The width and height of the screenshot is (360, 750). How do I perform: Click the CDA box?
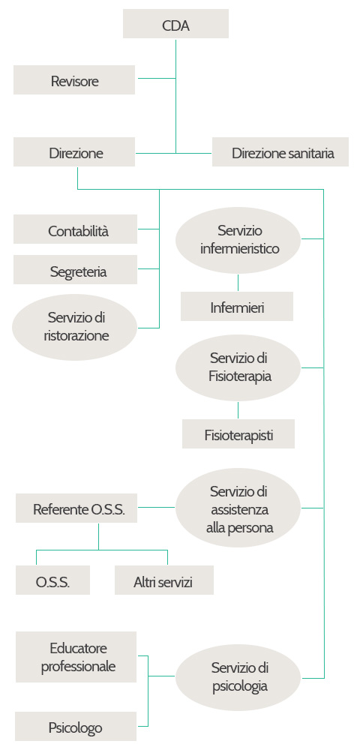click(175, 24)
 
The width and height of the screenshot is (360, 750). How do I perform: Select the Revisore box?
click(74, 80)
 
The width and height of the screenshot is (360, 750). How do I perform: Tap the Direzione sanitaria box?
click(280, 152)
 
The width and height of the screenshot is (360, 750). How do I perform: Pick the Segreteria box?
click(76, 270)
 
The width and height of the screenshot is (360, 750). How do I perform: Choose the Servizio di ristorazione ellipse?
click(75, 327)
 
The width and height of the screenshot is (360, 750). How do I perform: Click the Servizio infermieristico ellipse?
click(238, 240)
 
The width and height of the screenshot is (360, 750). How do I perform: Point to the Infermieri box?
click(237, 306)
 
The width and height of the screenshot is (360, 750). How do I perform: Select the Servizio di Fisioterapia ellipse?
click(238, 367)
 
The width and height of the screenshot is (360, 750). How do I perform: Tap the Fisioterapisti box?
click(238, 433)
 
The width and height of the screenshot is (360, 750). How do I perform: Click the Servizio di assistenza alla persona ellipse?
click(238, 508)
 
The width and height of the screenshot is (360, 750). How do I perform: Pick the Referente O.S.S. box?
click(76, 508)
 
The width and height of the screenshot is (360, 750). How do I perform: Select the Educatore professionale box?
click(76, 657)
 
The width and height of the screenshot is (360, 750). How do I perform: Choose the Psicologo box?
click(76, 726)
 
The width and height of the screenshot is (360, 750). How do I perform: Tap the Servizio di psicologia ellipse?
click(238, 677)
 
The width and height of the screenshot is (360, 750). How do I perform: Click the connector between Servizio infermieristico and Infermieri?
click(238, 283)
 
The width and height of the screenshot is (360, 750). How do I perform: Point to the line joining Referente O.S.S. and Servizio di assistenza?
click(156, 507)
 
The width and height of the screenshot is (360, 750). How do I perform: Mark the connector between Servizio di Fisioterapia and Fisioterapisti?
click(238, 410)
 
